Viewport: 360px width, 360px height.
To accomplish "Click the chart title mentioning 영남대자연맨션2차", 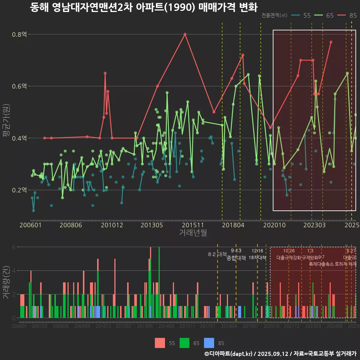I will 144,7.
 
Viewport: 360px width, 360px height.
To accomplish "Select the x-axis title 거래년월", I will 193,233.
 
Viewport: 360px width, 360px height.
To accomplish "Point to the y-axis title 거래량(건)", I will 6,282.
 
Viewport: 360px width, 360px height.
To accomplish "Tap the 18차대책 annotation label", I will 257,258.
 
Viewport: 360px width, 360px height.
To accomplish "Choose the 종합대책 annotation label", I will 236,258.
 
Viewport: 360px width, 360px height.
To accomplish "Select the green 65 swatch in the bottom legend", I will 184,343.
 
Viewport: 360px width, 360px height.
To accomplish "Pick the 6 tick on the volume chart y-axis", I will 14,247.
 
